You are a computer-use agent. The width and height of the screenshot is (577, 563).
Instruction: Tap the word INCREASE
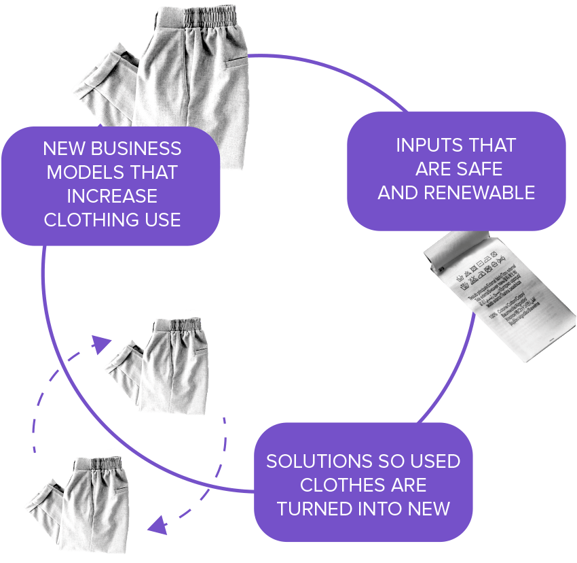pos(112,197)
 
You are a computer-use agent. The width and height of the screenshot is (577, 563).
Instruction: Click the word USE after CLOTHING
pos(163,220)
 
